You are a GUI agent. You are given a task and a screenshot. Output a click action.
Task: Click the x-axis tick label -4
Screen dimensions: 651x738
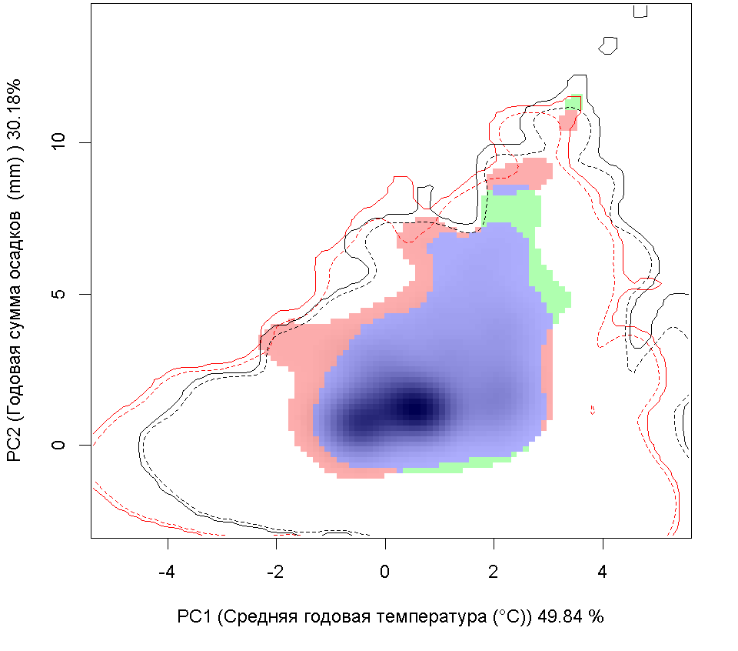click(x=168, y=573)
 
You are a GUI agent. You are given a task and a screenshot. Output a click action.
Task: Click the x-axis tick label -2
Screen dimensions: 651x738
click(x=276, y=573)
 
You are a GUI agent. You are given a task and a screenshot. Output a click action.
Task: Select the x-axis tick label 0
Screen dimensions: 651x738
click(x=385, y=573)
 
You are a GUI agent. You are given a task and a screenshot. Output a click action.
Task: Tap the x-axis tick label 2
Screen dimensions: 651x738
click(x=494, y=573)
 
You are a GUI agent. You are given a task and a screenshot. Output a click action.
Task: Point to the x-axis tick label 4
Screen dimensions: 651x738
click(x=603, y=573)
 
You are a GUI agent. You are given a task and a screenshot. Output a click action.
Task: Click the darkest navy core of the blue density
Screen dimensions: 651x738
click(x=416, y=406)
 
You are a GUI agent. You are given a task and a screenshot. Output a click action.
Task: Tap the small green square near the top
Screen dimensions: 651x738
click(x=573, y=102)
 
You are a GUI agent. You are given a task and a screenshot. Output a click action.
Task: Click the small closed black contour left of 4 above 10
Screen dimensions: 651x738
click(x=610, y=45)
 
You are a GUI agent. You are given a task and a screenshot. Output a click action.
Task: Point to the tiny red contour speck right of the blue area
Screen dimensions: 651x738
click(x=593, y=409)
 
